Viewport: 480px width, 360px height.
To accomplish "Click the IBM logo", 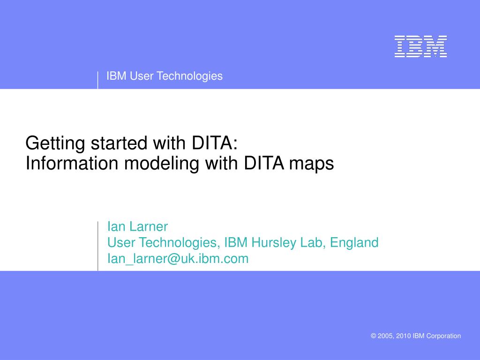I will click(420, 46).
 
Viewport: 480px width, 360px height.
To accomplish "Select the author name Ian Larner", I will click(137, 227).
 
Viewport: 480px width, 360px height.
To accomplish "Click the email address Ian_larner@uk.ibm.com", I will click(178, 259).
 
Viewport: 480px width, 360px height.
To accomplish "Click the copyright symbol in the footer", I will click(374, 336).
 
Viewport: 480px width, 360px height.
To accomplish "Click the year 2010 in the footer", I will click(403, 336).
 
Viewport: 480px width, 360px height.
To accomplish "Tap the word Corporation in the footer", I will click(443, 336).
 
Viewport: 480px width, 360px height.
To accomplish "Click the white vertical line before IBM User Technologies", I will click(98, 80).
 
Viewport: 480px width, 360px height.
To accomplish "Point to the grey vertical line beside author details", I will click(98, 246).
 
